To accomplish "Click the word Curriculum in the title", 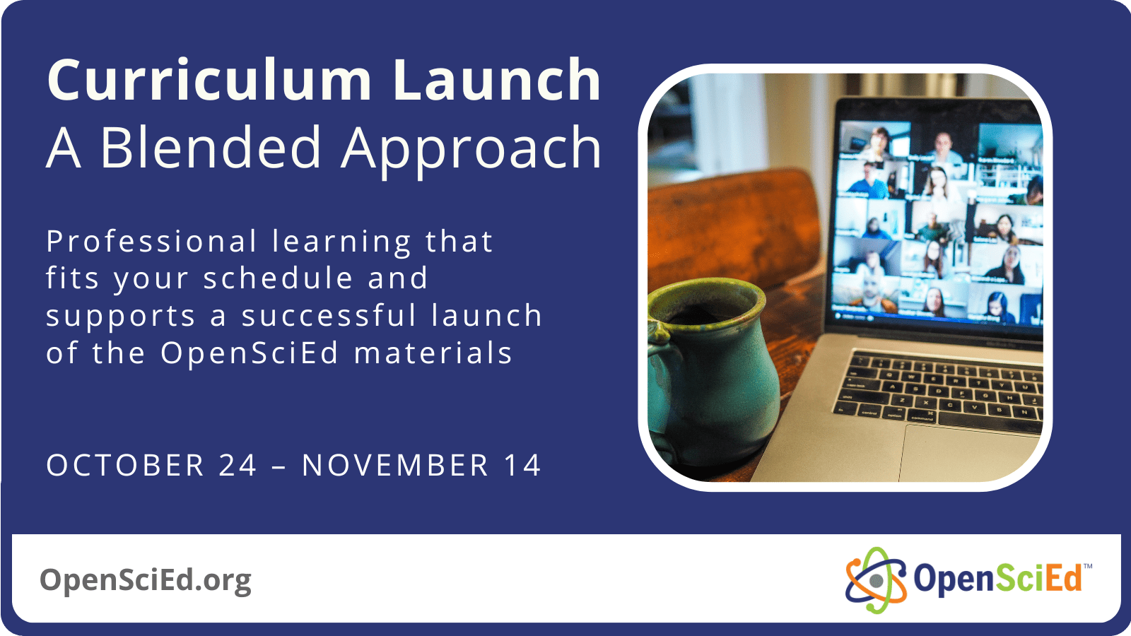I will pos(209,81).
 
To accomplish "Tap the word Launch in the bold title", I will pos(496,81).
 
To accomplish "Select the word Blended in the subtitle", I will pos(211,148).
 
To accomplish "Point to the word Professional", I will pos(151,242).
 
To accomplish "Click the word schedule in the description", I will pos(278,278).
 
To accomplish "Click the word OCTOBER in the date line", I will pos(125,466).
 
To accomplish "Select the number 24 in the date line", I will pos(238,466).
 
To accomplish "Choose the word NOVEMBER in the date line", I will pos(395,466).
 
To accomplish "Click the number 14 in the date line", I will pos(522,466).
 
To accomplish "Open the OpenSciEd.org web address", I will pos(146,579).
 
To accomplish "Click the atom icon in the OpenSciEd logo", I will pos(876,580).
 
